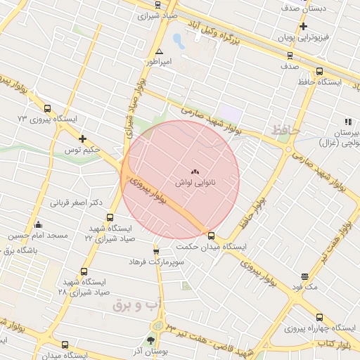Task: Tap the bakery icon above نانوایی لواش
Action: click(x=195, y=171)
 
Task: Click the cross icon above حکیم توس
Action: click(x=83, y=139)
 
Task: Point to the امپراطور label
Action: click(x=157, y=62)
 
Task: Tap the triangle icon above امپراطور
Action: click(x=159, y=51)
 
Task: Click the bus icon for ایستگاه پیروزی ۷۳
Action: click(x=47, y=108)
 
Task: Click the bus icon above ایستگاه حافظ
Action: click(x=320, y=71)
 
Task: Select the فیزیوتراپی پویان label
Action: click(x=302, y=37)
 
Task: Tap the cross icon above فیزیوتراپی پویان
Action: click(x=303, y=27)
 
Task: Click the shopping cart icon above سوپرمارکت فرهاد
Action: click(x=155, y=251)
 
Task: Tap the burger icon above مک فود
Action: click(x=304, y=277)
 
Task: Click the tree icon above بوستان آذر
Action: click(x=151, y=340)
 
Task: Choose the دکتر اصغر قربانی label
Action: click(x=76, y=202)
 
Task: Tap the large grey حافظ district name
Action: click(x=285, y=130)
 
